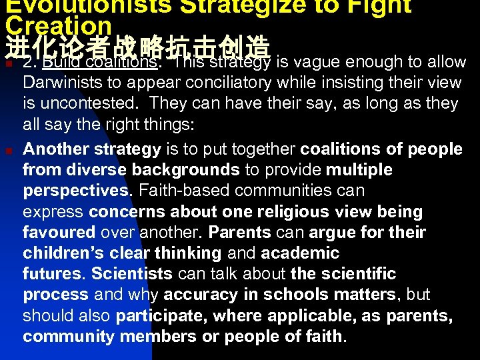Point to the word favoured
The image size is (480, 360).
tap(59, 232)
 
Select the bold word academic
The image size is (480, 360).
tap(300, 253)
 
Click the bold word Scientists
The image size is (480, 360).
tap(131, 273)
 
